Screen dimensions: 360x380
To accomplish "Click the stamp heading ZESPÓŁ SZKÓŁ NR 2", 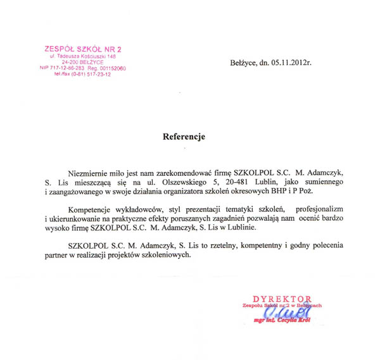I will (82, 49).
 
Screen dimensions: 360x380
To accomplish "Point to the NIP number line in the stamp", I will (83, 67).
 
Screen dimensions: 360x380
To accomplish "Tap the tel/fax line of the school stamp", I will (82, 74).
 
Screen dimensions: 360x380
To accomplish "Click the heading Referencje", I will (184, 136).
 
